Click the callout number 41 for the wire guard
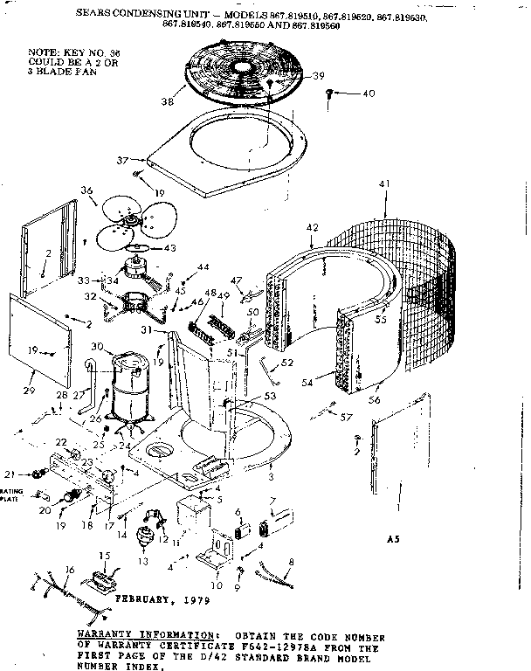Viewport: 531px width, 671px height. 383,183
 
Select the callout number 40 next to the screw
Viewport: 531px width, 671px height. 367,93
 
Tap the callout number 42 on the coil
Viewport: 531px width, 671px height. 311,228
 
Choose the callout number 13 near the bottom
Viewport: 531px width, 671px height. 143,560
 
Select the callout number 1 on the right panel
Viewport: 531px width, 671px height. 398,507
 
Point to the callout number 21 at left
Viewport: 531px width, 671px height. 11,475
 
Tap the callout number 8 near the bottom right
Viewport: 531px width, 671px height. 291,562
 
